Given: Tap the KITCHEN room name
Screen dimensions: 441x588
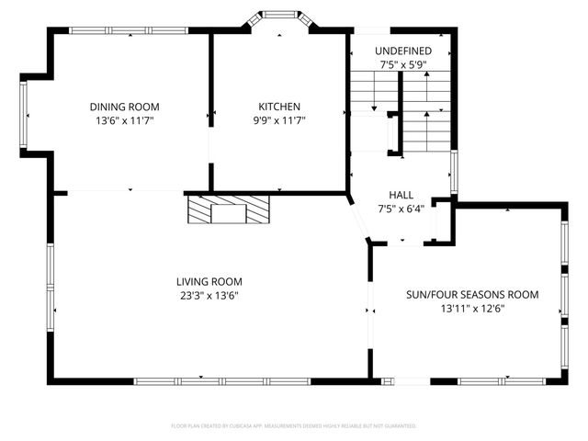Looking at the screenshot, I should pyautogui.click(x=278, y=107).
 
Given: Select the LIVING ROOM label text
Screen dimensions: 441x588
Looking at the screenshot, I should pyautogui.click(x=209, y=281).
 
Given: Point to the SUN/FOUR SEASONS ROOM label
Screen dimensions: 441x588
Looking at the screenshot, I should pyautogui.click(x=472, y=295).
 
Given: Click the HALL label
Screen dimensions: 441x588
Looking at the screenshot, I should pyautogui.click(x=401, y=196).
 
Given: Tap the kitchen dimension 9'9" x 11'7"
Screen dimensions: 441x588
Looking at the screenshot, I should pyautogui.click(x=278, y=120).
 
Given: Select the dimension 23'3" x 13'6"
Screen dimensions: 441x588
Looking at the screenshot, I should pyautogui.click(x=209, y=295).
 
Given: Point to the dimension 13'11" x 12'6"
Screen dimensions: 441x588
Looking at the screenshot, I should pyautogui.click(x=472, y=309).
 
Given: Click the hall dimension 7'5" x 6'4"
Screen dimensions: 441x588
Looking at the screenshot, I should pyautogui.click(x=401, y=209).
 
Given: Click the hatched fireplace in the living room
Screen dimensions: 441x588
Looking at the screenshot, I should pyautogui.click(x=229, y=210).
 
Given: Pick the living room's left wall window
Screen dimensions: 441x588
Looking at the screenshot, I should pyautogui.click(x=51, y=275).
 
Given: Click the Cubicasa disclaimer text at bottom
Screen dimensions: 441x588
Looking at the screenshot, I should pyautogui.click(x=294, y=426).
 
